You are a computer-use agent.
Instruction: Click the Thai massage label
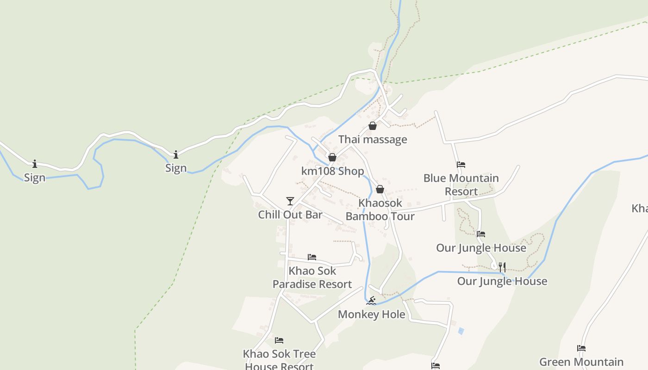coord(373,139)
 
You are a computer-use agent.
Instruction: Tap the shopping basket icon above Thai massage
coord(373,126)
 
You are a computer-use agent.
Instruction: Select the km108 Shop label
coord(332,171)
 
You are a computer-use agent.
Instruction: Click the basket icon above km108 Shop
coord(332,157)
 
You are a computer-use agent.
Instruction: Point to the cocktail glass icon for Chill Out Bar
coord(290,201)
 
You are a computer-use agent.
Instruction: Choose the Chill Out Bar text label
coord(290,215)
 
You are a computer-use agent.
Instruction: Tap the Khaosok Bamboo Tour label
coord(380,210)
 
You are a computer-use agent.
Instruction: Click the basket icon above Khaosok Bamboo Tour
coord(380,189)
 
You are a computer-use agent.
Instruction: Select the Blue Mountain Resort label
coord(461,185)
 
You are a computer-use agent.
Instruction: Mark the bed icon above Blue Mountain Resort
coord(461,164)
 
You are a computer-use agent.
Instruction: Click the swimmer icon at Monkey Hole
coord(371,301)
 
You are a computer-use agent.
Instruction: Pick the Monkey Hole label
coord(371,314)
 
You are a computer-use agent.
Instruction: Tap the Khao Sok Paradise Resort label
coord(312,277)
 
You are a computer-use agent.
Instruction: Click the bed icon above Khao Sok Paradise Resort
coord(312,257)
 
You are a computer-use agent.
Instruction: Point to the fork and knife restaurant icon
coord(502,267)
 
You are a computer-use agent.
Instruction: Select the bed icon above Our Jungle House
coord(481,234)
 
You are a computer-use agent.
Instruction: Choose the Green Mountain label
coord(581,362)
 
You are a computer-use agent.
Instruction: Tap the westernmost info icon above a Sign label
coord(35,164)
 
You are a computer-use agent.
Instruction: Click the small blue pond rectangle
coord(461,331)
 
